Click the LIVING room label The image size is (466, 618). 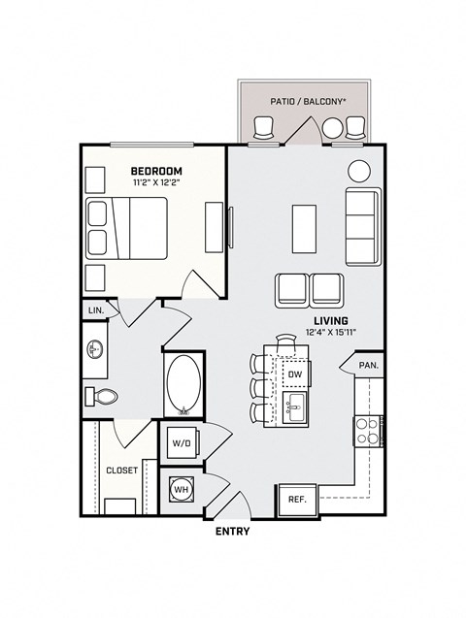[x=330, y=320]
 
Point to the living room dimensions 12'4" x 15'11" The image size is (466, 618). [x=330, y=333]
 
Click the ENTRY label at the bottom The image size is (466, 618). [x=232, y=531]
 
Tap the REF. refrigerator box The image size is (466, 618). [x=296, y=499]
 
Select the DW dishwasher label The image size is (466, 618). [x=295, y=374]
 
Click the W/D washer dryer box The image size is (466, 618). [x=182, y=443]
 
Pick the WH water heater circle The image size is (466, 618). [x=181, y=490]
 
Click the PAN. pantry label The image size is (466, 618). [x=368, y=366]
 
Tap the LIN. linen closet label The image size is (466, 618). [x=96, y=309]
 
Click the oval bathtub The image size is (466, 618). [x=183, y=385]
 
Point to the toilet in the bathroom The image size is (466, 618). [x=101, y=396]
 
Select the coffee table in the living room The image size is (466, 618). [x=304, y=227]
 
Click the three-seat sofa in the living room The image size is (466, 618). [x=362, y=227]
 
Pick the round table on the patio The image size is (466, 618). [x=333, y=127]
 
